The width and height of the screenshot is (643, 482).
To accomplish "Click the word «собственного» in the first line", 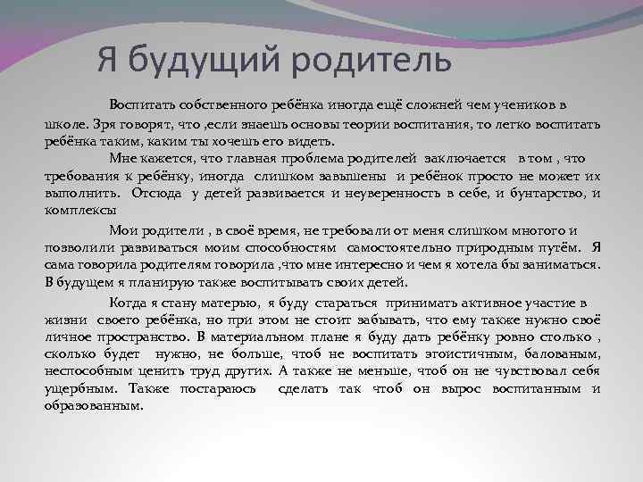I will click(215, 104).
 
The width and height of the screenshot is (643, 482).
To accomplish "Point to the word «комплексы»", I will click(80, 210).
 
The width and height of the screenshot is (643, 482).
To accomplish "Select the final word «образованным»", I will click(94, 405).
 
